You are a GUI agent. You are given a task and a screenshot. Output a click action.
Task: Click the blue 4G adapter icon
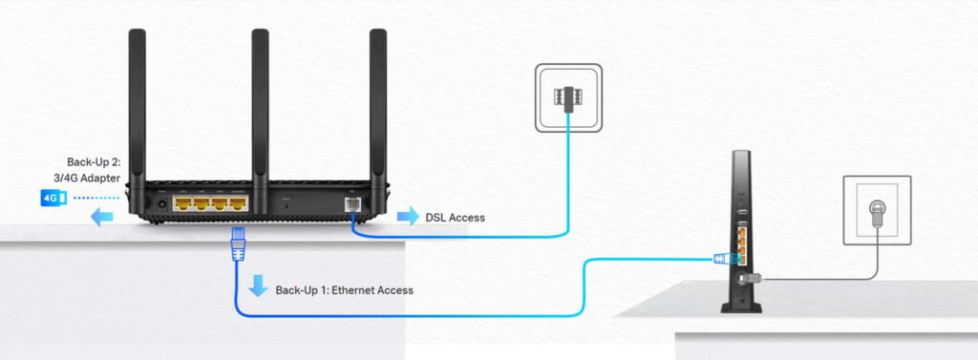pos(52,198)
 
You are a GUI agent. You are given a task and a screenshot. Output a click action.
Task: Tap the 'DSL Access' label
pos(455,218)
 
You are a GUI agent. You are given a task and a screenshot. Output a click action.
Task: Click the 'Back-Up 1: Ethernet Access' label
pos(345,289)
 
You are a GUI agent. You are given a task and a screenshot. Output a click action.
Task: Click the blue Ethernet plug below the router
pos(238,245)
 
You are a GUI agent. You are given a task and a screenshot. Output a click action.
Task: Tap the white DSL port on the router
pos(351,202)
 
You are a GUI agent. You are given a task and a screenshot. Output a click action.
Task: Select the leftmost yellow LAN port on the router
pos(182,202)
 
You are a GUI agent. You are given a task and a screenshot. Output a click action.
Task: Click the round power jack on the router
pos(159,202)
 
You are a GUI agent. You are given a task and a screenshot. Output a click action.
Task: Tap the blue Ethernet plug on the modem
pos(723,258)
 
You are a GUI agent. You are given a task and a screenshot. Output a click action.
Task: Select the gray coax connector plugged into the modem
pos(748,278)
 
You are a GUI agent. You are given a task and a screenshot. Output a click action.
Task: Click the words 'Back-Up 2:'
pos(95,161)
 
